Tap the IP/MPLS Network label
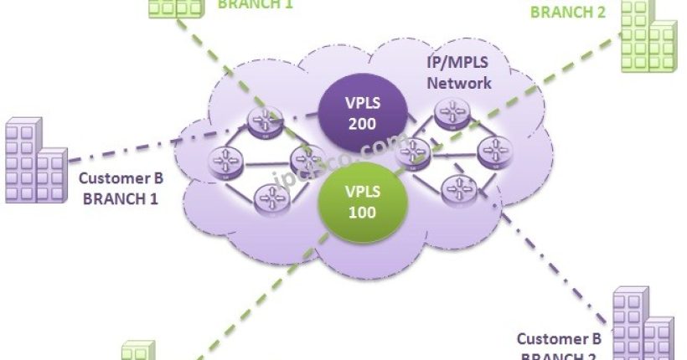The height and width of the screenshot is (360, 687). pos(459,75)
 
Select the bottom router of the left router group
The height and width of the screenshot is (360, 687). pos(271,198)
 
